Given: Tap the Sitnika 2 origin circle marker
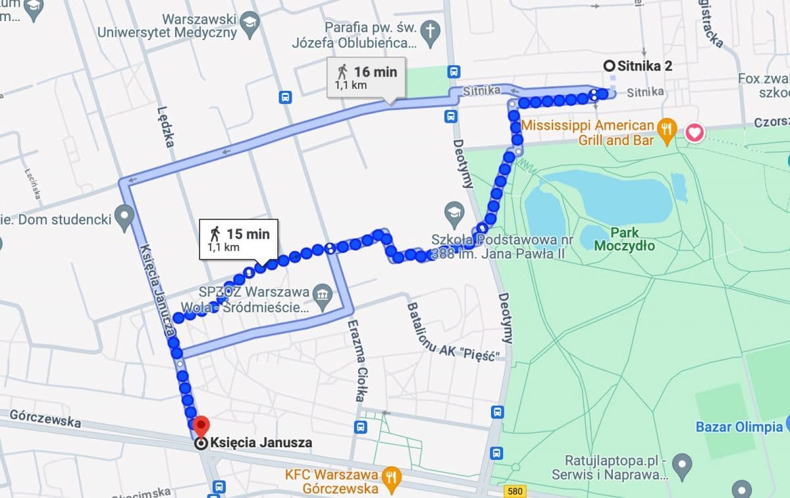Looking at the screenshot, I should tap(609, 65).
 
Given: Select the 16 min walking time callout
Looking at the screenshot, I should tap(367, 77).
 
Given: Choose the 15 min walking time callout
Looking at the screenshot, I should tap(239, 238).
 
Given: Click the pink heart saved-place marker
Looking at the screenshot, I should tap(695, 133).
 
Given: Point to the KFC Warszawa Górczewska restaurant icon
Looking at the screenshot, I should tap(392, 475).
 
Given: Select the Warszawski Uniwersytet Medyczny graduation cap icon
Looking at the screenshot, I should tap(250, 24).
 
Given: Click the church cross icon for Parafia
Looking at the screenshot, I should tap(431, 29).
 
